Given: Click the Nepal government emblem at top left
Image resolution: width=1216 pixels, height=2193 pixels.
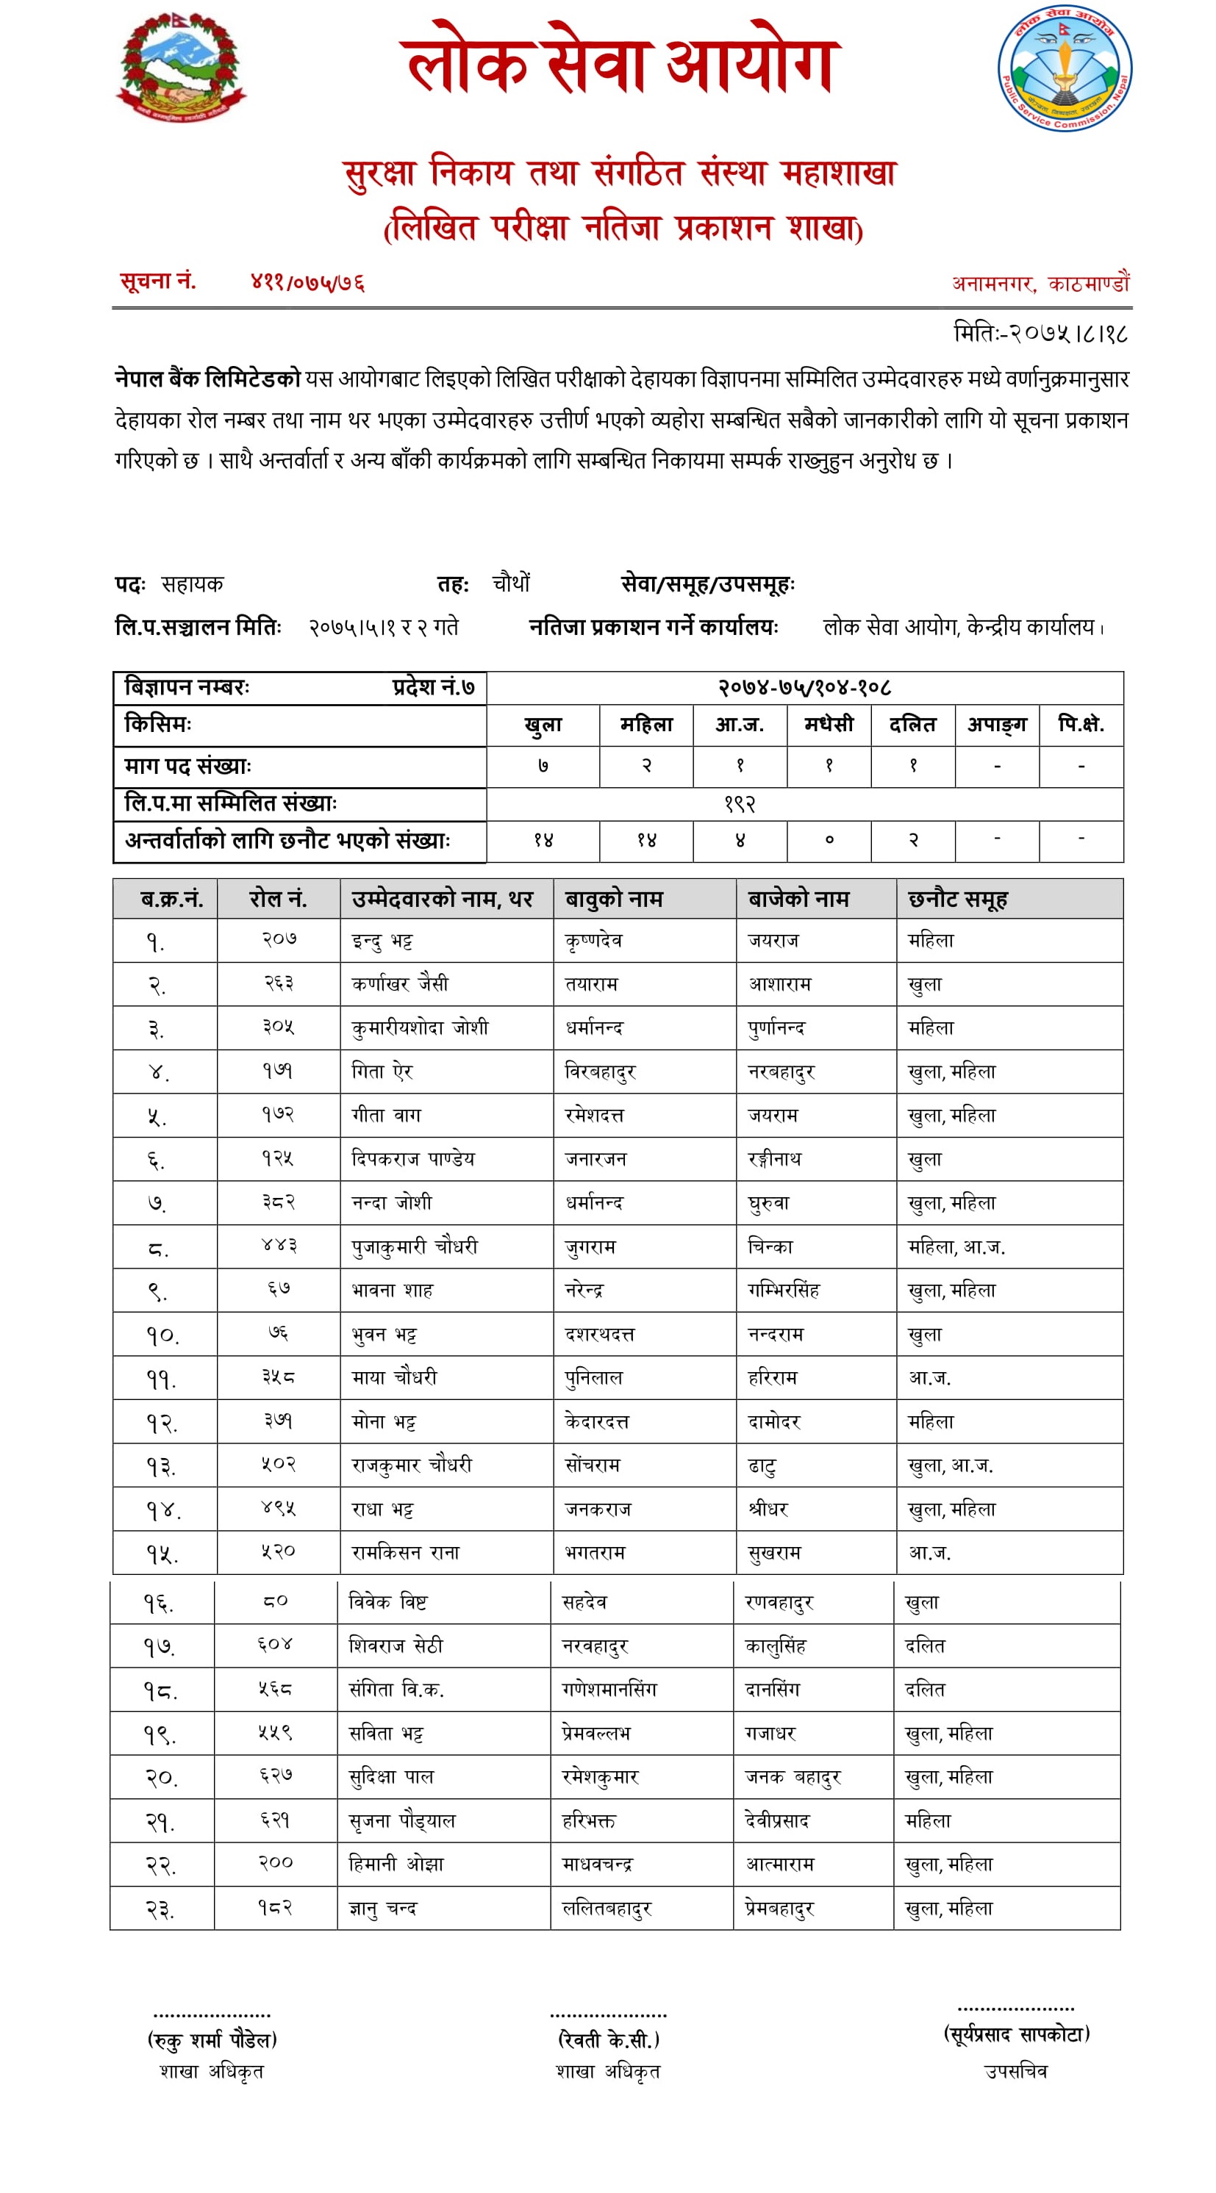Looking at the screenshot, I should tap(181, 68).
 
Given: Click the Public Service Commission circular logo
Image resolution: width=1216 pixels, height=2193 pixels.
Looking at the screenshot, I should tap(1065, 69).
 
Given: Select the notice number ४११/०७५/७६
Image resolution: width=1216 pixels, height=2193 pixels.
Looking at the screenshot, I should tap(307, 281).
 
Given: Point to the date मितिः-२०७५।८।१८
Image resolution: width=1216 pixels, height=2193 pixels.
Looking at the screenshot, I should tap(1040, 333).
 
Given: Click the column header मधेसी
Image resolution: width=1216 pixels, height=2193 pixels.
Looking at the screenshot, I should tap(829, 725).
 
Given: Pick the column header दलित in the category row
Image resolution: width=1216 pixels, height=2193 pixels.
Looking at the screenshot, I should tap(912, 725).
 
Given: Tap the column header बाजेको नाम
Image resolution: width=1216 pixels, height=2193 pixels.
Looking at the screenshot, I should tap(798, 899).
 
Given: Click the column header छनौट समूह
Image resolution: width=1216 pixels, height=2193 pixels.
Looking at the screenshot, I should tap(957, 899).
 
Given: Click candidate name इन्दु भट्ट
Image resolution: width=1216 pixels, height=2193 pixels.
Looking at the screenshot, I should tap(383, 941).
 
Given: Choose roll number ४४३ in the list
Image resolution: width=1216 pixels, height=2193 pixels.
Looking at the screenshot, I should tap(279, 1246).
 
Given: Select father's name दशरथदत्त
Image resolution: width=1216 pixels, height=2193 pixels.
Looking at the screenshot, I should tap(599, 1334).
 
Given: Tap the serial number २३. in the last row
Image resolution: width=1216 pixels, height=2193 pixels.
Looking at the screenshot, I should tap(160, 1909).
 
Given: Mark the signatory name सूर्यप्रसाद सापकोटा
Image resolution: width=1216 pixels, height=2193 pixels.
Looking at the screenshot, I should tap(1017, 2035).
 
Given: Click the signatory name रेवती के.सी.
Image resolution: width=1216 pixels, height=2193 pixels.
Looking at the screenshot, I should tap(608, 2039).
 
